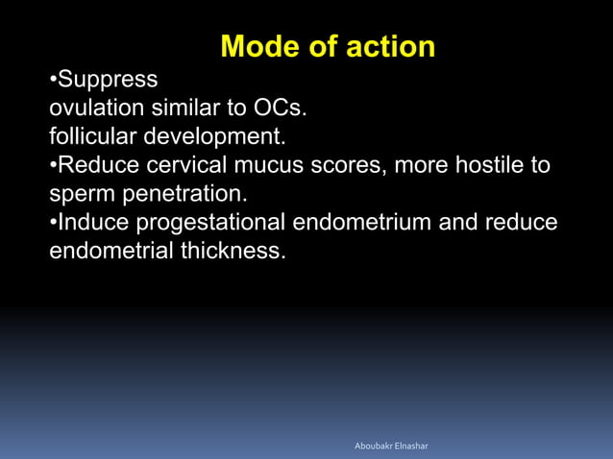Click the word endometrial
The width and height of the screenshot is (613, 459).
tap(110, 252)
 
